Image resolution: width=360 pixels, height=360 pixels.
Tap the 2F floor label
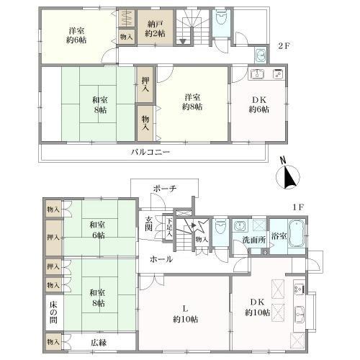284,46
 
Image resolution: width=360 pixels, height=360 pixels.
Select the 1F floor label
298,207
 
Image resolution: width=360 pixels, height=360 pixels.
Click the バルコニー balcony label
150,152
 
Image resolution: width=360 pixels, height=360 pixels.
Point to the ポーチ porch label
165,189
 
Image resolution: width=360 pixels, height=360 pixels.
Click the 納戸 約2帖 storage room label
155,29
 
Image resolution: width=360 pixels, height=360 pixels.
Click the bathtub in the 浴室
297,233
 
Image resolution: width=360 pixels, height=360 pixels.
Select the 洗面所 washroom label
253,240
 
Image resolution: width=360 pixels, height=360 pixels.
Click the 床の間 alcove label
53,312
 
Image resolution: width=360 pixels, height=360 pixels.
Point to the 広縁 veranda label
99,343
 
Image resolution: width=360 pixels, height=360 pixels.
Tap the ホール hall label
161,259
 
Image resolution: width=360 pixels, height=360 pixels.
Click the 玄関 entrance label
149,223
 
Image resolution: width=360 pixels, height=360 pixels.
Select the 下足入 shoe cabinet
169,228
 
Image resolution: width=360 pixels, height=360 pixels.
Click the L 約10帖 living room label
185,314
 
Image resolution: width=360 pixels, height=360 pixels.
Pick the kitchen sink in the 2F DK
257,73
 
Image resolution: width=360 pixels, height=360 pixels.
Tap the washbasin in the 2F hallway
261,55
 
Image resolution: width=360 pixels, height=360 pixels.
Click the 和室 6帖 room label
97,230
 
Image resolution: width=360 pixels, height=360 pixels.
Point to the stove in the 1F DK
300,289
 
